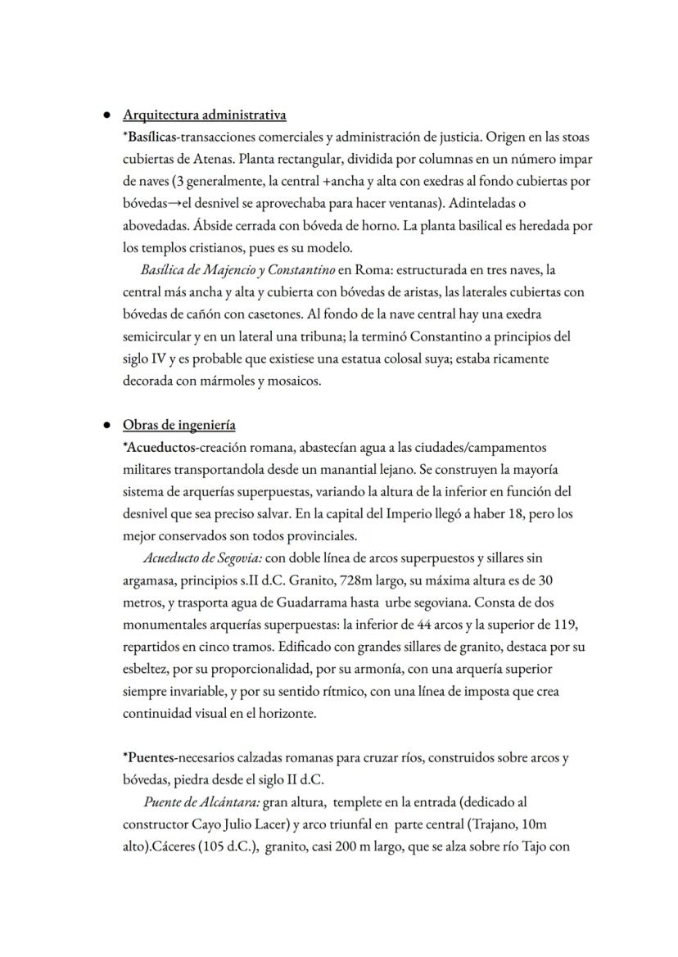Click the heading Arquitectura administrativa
[x=204, y=115]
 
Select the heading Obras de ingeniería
[x=179, y=425]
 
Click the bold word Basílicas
[x=153, y=136]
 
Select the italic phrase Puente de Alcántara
[x=196, y=801]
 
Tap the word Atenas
[x=219, y=158]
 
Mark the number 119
[x=566, y=625]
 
